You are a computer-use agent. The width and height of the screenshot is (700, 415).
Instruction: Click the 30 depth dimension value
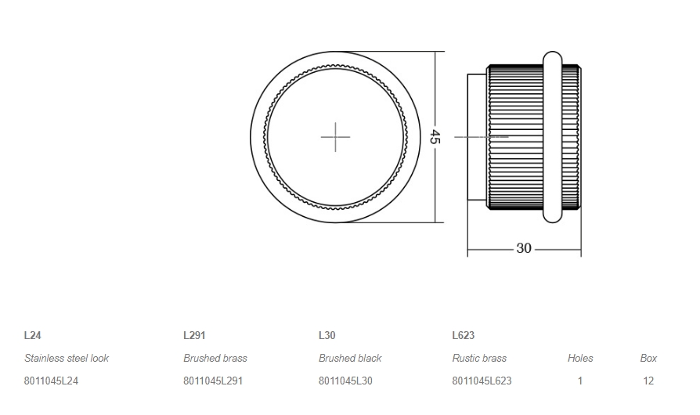pyautogui.click(x=524, y=248)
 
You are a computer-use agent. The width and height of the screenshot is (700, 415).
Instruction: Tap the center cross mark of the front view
pyautogui.click(x=335, y=137)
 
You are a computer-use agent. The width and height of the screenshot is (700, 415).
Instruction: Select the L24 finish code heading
pyautogui.click(x=33, y=335)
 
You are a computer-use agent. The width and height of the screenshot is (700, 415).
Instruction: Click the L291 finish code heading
pyautogui.click(x=194, y=335)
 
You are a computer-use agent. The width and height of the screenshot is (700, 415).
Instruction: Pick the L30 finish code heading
pyautogui.click(x=327, y=335)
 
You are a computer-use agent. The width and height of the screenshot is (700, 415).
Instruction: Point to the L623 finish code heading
pyautogui.click(x=463, y=335)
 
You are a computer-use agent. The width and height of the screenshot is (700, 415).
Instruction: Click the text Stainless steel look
pyautogui.click(x=67, y=358)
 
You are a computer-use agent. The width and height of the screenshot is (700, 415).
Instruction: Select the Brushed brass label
pyautogui.click(x=215, y=358)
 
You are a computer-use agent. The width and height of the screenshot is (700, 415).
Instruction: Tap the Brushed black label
pyautogui.click(x=350, y=358)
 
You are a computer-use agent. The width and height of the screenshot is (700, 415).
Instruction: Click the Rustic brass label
pyautogui.click(x=479, y=358)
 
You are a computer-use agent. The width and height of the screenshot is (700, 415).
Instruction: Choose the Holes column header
pyautogui.click(x=580, y=358)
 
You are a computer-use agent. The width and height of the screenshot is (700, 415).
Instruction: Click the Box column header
pyautogui.click(x=648, y=358)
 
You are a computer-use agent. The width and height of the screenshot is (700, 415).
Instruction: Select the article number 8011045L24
pyautogui.click(x=51, y=381)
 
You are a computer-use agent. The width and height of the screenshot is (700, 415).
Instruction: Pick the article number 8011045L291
pyautogui.click(x=213, y=381)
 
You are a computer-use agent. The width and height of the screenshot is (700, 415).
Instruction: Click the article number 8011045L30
pyautogui.click(x=345, y=381)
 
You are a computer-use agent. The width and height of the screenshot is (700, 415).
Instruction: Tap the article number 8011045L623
pyautogui.click(x=482, y=381)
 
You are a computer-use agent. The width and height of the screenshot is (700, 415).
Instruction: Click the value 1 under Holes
pyautogui.click(x=580, y=381)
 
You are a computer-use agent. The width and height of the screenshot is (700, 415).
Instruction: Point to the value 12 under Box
pyautogui.click(x=648, y=381)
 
